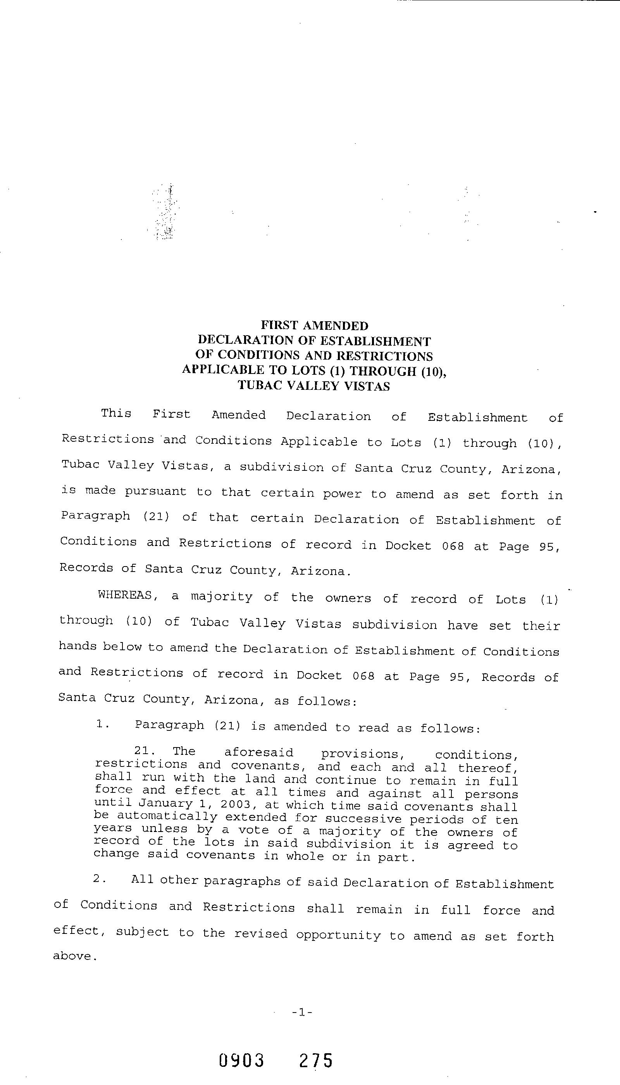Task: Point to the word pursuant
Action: point(156,491)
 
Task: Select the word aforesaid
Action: point(258,753)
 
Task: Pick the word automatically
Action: point(167,816)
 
